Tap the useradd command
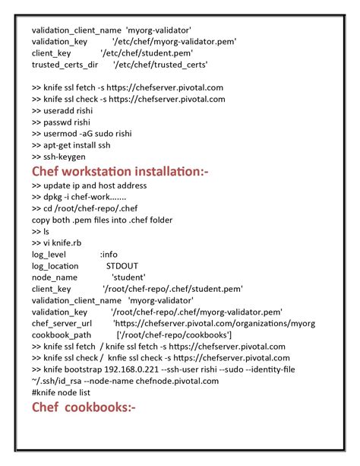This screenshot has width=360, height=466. (62, 110)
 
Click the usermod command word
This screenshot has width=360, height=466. (63, 134)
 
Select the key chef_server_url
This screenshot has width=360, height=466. (62, 323)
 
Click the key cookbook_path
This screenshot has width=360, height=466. (62, 334)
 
